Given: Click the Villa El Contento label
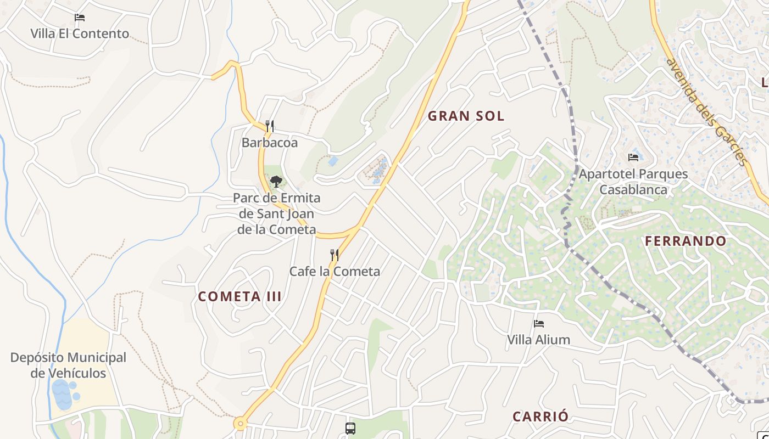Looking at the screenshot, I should [x=80, y=33].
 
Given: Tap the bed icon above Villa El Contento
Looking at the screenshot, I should [x=80, y=18].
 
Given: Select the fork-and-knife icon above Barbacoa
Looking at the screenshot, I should [x=270, y=127].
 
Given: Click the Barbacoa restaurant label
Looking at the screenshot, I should [x=270, y=143].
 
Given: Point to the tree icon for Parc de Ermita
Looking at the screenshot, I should [x=276, y=181].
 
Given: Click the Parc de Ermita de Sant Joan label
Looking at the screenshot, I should [x=276, y=213].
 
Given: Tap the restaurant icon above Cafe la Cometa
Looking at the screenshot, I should [x=334, y=255].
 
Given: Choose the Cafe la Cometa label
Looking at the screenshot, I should [x=335, y=271].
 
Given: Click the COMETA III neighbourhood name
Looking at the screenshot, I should [x=239, y=297].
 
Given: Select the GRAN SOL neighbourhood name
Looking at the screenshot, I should [x=466, y=116].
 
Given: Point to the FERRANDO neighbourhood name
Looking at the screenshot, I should [x=686, y=241].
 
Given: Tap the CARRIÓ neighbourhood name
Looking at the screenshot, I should [x=540, y=417].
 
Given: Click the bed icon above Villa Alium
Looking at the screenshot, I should [x=538, y=324].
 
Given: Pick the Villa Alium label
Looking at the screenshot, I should [x=538, y=340].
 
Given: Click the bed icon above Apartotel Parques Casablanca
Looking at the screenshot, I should [x=633, y=157].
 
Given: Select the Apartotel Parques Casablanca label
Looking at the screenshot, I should [x=633, y=182].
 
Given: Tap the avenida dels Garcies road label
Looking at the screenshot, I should [x=706, y=110].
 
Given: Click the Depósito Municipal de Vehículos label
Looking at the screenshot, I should [x=68, y=365].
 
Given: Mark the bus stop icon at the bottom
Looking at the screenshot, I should [x=350, y=429].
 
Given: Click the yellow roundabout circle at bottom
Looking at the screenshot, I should [x=239, y=423].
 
